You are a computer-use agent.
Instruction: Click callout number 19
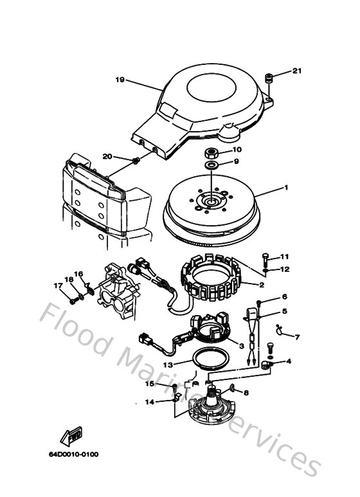tap(119, 80)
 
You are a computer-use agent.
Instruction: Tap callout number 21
tap(296, 71)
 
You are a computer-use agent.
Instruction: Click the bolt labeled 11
tap(265, 258)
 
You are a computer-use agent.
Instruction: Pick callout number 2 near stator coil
tap(262, 284)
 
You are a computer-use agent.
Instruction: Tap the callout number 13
tap(166, 364)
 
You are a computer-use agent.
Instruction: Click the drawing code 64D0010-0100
tap(73, 455)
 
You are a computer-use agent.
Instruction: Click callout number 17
tap(57, 285)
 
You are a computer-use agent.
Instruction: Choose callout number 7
tap(296, 336)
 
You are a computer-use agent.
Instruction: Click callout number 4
tap(287, 361)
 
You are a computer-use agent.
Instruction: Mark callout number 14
tap(149, 402)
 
